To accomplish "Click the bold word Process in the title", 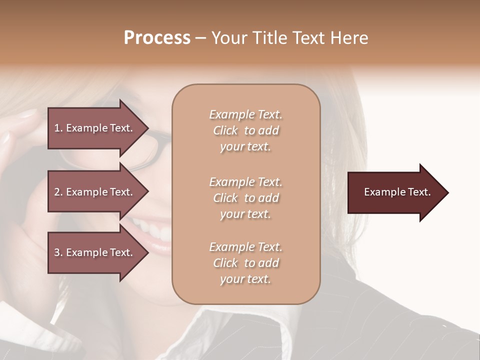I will [x=157, y=38].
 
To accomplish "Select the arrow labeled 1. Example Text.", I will [x=95, y=128].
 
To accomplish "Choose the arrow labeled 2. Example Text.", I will [x=95, y=192].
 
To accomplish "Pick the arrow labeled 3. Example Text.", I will [x=95, y=252].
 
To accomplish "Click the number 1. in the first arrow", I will [x=58, y=128].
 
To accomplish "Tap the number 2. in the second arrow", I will [x=58, y=192].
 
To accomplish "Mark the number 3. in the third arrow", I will [x=58, y=252].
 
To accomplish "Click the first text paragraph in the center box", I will [x=245, y=130].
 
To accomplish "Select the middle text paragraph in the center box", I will [x=245, y=198].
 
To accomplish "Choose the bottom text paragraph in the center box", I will [x=245, y=263].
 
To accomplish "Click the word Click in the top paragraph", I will [x=225, y=130].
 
